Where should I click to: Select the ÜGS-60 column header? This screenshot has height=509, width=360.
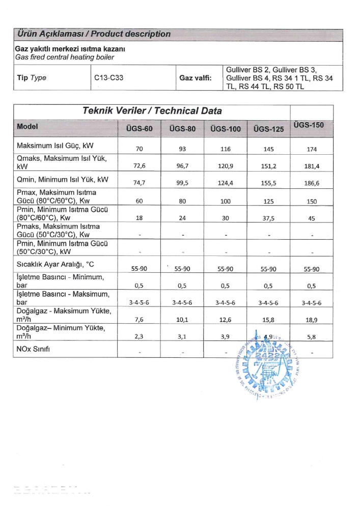(x=139, y=129)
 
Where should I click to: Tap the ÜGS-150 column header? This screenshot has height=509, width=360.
(x=309, y=125)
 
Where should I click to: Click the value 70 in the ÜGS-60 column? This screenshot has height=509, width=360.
(x=139, y=149)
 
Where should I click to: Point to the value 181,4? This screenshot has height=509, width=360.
(x=312, y=166)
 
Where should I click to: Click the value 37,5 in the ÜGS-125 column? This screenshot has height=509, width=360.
(x=269, y=218)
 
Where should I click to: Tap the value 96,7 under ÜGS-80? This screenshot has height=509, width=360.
(x=182, y=166)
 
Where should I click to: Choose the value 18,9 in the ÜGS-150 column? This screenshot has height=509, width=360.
(x=312, y=319)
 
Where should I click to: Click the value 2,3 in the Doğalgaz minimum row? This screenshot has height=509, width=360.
(x=139, y=336)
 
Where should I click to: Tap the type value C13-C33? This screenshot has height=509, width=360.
(x=109, y=78)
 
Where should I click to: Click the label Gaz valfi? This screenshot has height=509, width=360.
(x=196, y=78)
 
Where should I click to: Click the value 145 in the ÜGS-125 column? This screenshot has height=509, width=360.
(x=269, y=149)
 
